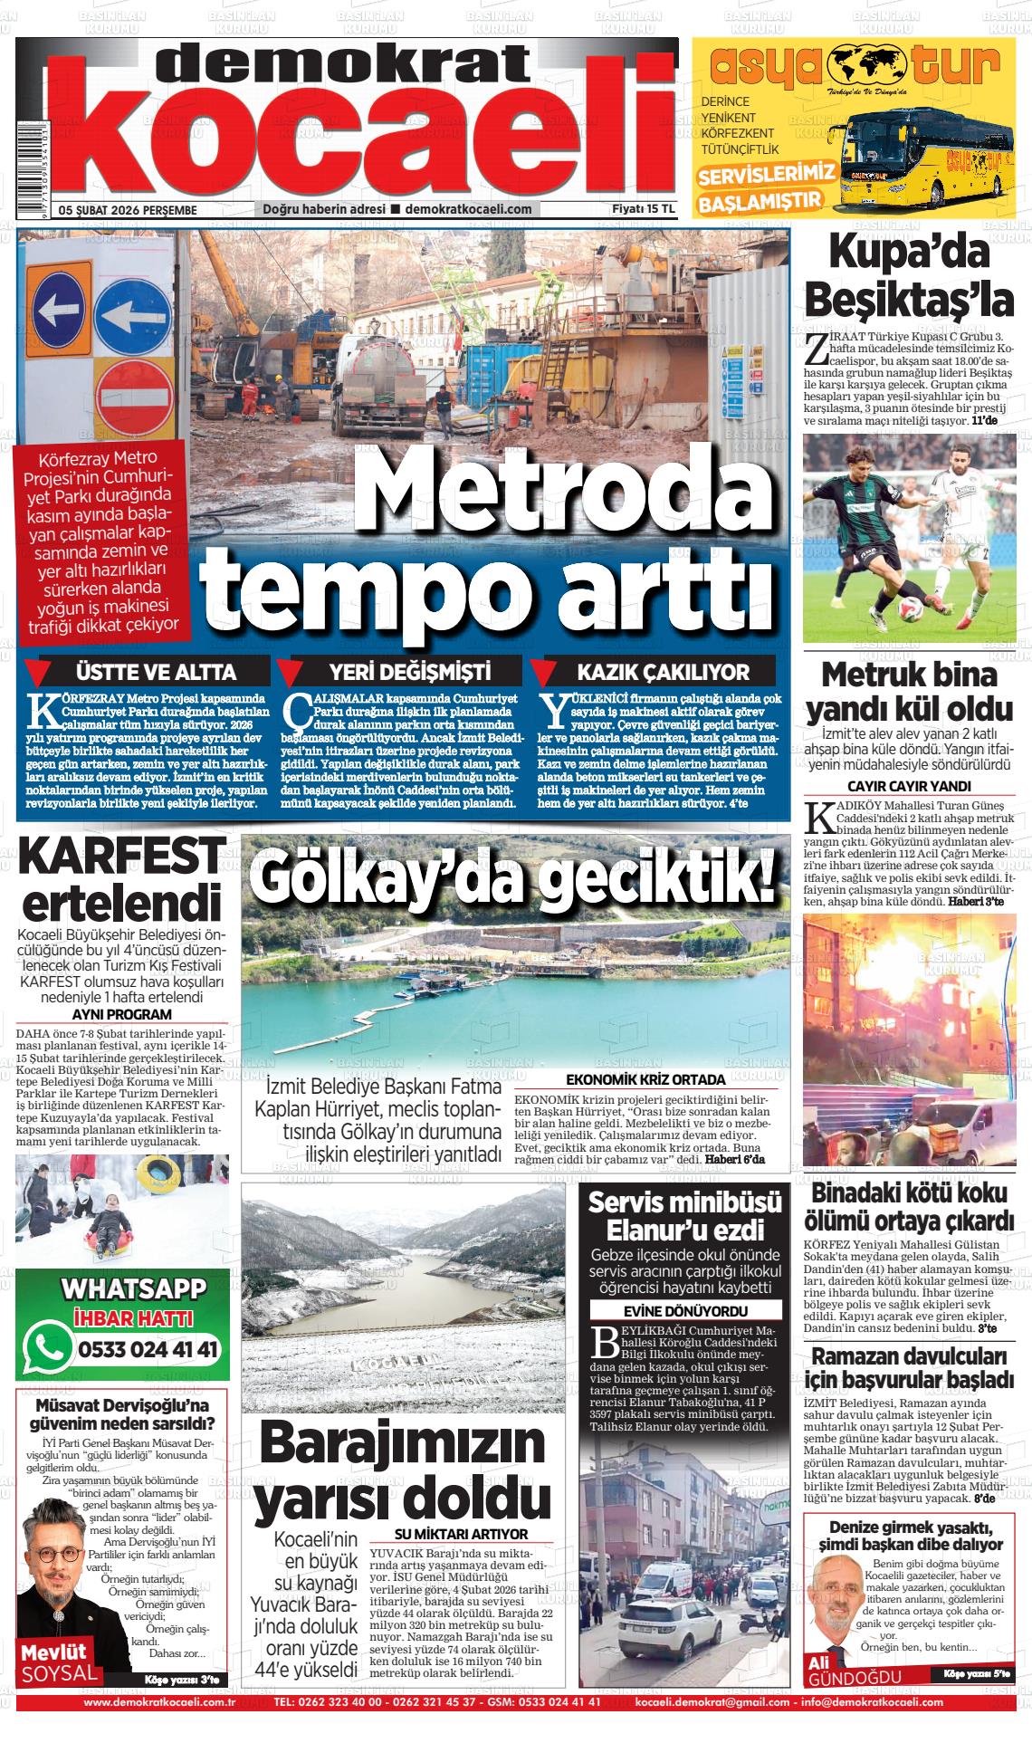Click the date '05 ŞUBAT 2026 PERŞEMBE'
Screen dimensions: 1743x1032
pyautogui.click(x=128, y=210)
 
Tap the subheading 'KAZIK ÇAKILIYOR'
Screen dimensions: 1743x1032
pyautogui.click(x=664, y=672)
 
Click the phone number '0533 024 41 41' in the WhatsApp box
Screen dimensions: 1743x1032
pyautogui.click(x=148, y=1350)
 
